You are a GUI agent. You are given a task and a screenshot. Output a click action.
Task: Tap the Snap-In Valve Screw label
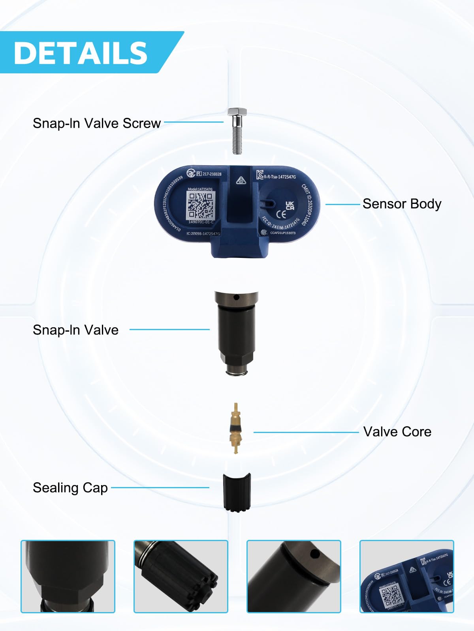tap(96, 123)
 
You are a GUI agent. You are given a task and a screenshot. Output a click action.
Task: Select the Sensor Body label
tap(402, 204)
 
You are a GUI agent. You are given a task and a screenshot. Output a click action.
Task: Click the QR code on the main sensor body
tap(200, 205)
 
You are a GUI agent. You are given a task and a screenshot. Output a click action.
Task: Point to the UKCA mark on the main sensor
tap(290, 205)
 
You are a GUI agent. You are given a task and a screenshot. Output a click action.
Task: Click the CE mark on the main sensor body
tap(281, 215)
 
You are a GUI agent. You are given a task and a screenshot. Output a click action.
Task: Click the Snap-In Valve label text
tap(75, 330)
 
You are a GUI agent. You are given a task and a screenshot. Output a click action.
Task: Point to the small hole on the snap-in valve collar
tap(236, 297)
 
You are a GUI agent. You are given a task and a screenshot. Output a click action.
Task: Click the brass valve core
tap(236, 428)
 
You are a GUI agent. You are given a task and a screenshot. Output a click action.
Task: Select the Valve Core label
tap(397, 431)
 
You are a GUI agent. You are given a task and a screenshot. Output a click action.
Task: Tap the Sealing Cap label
tap(70, 488)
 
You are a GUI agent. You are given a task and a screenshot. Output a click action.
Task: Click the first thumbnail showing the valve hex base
tap(68, 576)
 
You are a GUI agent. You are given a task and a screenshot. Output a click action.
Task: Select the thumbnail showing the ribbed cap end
tap(181, 576)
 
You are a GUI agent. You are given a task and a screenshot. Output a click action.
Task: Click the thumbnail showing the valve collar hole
tap(294, 576)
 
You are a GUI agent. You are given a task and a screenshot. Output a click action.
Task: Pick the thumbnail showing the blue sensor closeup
tap(407, 576)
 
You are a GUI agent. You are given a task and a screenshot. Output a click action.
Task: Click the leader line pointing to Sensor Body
tap(342, 204)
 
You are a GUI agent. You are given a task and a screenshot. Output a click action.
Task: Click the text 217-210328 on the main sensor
tap(212, 174)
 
